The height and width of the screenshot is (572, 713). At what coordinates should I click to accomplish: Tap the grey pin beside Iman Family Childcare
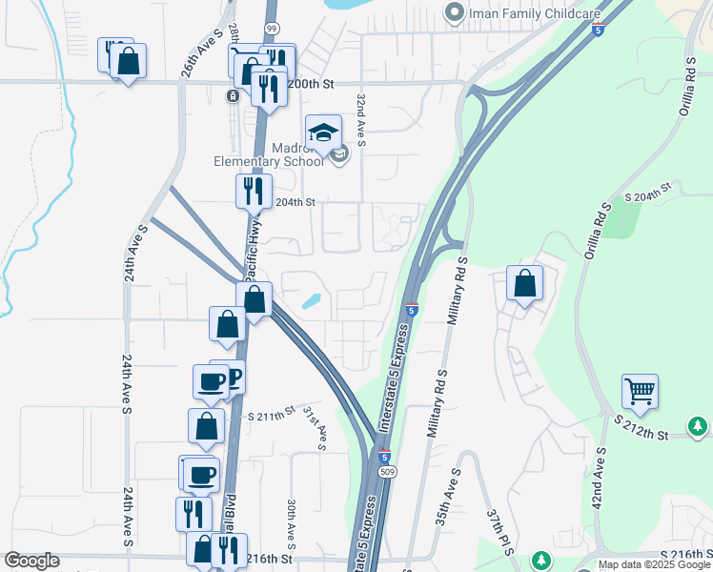coord(455,12)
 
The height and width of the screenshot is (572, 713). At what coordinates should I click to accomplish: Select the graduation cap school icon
coord(323,133)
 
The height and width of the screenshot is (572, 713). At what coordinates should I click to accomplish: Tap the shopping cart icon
coord(640,390)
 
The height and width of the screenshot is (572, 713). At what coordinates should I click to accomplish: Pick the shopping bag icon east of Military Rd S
coord(524,282)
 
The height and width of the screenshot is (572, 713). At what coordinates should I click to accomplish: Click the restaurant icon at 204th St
coord(254,191)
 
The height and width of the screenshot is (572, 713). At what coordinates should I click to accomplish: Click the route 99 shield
coord(272,28)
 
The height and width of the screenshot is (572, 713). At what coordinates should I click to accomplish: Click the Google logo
coord(32,561)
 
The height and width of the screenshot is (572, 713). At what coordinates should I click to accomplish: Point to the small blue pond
coord(311,302)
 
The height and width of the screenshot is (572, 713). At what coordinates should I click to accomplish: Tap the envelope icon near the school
coord(340,155)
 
